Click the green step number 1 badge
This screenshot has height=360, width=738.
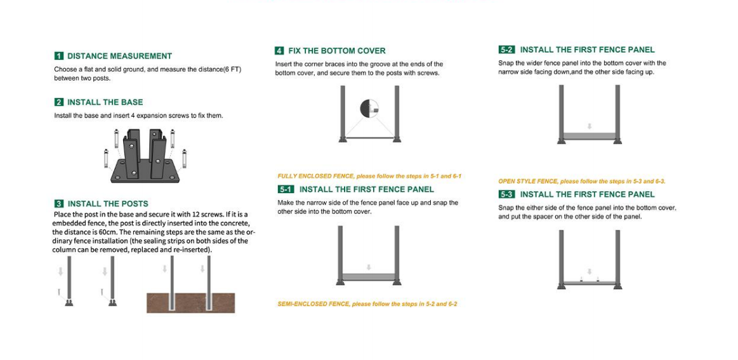(59, 56)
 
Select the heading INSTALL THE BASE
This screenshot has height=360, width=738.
(105, 102)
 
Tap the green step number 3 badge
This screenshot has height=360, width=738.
(59, 204)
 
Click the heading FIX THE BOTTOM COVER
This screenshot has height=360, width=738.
(336, 51)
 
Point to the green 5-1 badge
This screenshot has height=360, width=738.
(286, 189)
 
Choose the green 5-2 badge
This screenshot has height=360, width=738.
(506, 50)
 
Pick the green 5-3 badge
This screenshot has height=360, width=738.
(506, 194)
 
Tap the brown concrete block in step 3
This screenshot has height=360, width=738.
(190, 303)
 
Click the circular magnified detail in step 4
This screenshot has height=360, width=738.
(369, 109)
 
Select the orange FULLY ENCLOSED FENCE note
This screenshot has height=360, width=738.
(369, 176)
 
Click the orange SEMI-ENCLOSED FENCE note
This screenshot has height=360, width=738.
(367, 304)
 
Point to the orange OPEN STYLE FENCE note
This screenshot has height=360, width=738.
(581, 181)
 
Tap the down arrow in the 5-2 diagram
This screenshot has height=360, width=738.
(590, 126)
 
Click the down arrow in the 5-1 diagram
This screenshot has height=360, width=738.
(369, 268)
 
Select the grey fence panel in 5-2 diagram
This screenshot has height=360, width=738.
(590, 136)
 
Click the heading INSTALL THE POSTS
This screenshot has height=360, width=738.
(108, 204)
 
